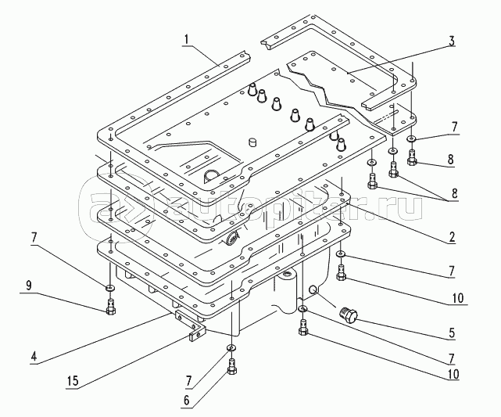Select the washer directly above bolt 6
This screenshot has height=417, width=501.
pyautogui.click(x=231, y=348)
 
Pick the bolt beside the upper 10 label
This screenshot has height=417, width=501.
pyautogui.click(x=342, y=273)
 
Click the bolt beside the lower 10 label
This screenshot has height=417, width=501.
pyautogui.click(x=303, y=333)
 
